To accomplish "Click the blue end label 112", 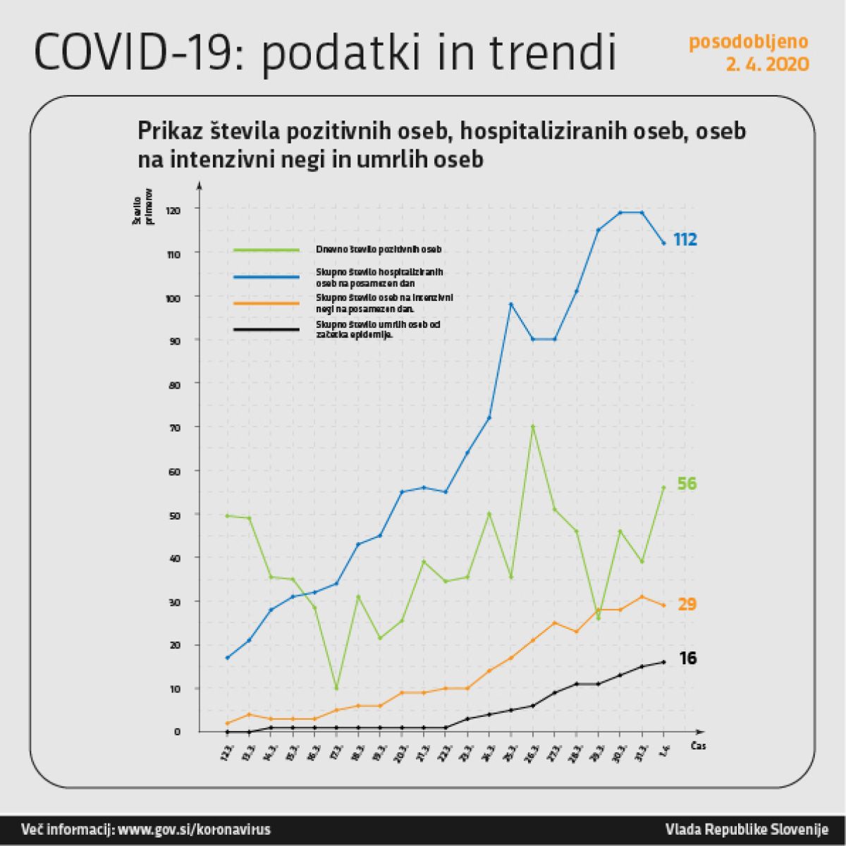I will [685, 240].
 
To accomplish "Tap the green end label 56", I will [687, 484].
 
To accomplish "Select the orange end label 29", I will [687, 604].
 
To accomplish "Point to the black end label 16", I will [687, 658].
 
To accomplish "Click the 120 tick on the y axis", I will [173, 210].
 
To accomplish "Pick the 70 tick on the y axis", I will [174, 427].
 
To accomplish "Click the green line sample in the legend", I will [266, 250].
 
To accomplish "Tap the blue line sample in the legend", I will [266, 277].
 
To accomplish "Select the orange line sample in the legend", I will [266, 304].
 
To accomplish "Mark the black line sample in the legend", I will [266, 329].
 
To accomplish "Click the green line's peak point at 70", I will [533, 427].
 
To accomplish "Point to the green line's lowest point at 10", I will [336, 688].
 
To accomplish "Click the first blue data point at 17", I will [227, 658].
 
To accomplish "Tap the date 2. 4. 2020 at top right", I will [768, 65].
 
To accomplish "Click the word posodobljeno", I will [749, 42].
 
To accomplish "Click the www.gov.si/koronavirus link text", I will [194, 829].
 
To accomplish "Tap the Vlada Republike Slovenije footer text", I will [747, 829].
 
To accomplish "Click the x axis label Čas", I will [698, 746].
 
